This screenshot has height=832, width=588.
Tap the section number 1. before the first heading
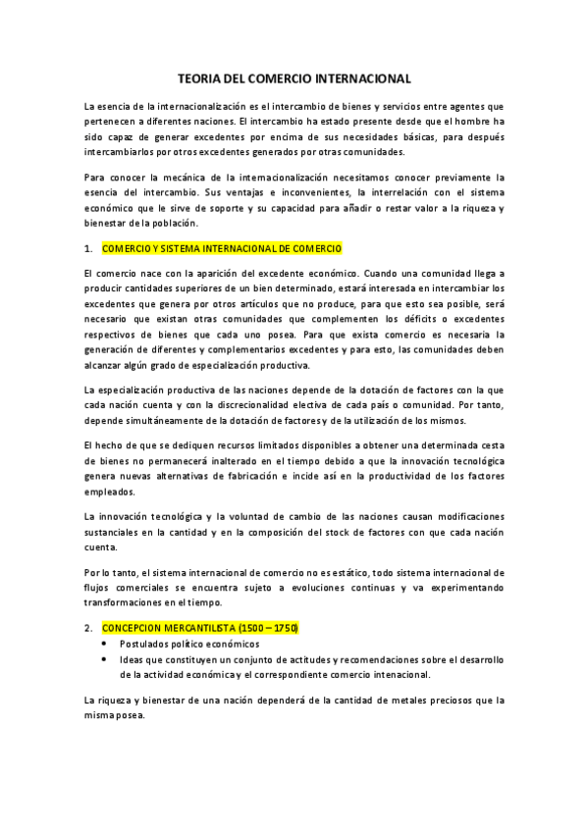pos(88,248)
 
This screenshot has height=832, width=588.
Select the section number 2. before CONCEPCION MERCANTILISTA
pos(88,628)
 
